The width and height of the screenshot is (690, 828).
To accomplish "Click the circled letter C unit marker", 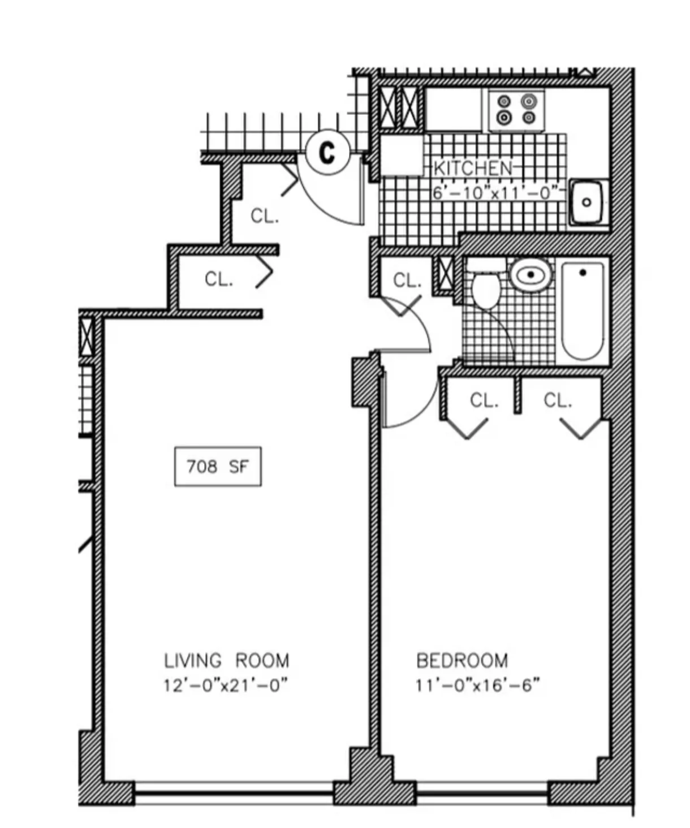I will pyautogui.click(x=327, y=152).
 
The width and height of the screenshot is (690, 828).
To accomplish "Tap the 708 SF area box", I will pyautogui.click(x=218, y=467).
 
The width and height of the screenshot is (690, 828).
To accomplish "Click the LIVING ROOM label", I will pyautogui.click(x=226, y=661).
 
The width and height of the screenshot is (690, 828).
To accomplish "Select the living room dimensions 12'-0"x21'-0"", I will pyautogui.click(x=226, y=685).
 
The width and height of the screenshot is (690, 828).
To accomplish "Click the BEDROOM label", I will pyautogui.click(x=462, y=661).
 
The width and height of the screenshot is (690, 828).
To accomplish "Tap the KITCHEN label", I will pyautogui.click(x=473, y=168).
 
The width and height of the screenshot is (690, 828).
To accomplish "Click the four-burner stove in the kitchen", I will pyautogui.click(x=516, y=110).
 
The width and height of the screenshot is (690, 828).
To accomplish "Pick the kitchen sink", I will pyautogui.click(x=588, y=202).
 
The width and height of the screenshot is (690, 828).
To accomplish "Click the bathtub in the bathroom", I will pyautogui.click(x=583, y=311).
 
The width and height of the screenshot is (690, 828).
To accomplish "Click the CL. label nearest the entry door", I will pyautogui.click(x=265, y=216).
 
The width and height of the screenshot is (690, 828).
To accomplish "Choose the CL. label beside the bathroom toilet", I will pyautogui.click(x=407, y=280).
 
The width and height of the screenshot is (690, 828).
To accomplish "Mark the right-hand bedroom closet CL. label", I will pyautogui.click(x=558, y=400).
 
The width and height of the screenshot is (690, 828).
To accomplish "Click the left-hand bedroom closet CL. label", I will pyautogui.click(x=484, y=400).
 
